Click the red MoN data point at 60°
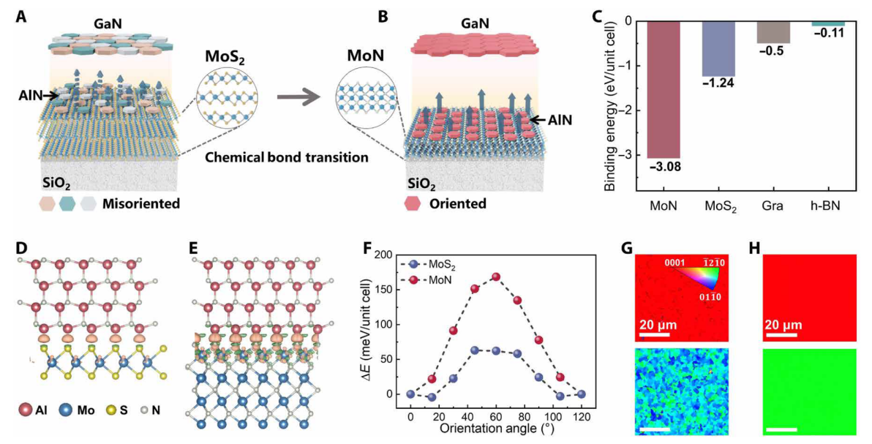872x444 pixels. click(495, 277)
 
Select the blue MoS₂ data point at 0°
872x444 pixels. click(410, 394)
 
